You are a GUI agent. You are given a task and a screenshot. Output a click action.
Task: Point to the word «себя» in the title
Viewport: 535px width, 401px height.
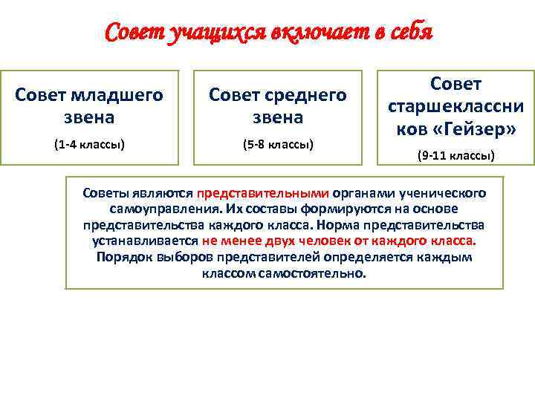405,33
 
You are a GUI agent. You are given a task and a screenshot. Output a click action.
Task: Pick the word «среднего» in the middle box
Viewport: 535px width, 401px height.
307,95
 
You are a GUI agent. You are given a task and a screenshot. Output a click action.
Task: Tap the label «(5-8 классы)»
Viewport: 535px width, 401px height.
277,143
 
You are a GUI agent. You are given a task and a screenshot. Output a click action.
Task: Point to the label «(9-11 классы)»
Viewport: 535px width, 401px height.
455,156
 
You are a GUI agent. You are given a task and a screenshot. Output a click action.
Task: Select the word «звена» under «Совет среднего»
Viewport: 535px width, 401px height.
277,117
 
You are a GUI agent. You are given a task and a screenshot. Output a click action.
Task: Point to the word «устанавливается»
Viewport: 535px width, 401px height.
146,241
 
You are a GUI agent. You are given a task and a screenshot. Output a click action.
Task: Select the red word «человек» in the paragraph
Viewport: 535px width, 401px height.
350,241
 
